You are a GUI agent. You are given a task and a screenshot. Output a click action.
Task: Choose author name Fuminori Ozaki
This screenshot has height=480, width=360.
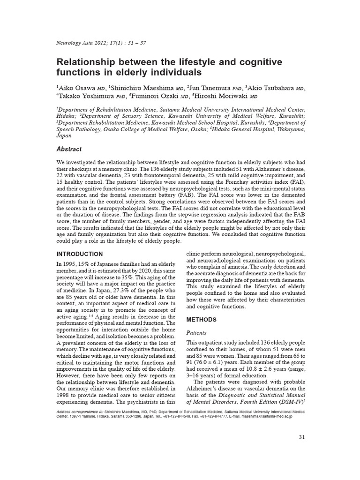coord(154,96)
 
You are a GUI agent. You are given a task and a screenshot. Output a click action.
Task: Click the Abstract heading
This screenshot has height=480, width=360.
coord(69,149)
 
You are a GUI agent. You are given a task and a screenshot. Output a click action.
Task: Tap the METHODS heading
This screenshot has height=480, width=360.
coord(202,320)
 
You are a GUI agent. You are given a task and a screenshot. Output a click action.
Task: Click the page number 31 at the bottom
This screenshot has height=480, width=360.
coord(302,437)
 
